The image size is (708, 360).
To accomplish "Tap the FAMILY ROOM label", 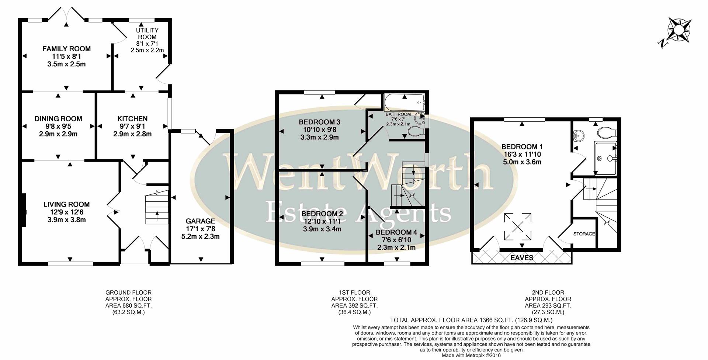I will (66, 49).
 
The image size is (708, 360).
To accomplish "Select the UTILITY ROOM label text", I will (147, 34).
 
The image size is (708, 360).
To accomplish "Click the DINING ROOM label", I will (58, 119).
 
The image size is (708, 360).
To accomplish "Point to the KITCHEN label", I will (132, 119).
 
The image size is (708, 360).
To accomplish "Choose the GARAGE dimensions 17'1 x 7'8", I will (200, 229).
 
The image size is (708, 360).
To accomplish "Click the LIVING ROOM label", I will (66, 204).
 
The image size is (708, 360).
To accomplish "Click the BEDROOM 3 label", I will (319, 122).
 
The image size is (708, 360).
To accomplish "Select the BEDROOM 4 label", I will (396, 232).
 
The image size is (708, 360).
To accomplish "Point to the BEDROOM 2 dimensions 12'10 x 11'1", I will (322, 221).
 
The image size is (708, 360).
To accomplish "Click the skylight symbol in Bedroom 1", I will (518, 227).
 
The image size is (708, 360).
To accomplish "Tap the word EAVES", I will (522, 258).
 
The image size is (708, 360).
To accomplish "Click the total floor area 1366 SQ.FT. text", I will (471, 320).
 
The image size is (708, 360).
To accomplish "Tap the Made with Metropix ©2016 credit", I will (471, 356).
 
